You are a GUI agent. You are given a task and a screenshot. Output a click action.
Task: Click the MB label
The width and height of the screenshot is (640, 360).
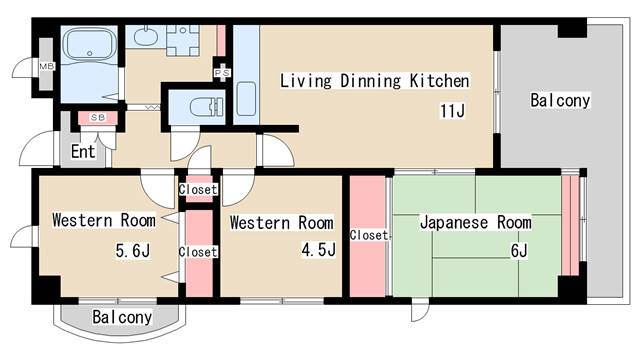click(46, 67)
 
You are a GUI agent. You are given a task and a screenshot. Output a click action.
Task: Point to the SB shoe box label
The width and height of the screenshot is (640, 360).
click(97, 118)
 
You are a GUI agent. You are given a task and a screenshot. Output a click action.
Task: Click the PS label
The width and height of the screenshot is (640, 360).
click(220, 73)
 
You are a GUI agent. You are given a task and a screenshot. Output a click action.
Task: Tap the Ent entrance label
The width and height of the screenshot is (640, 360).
click(83, 153)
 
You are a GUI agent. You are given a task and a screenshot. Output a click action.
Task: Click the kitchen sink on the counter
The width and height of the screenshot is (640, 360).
click(246, 98)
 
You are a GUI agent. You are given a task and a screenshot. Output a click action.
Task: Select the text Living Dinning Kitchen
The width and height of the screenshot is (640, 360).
click(374, 80)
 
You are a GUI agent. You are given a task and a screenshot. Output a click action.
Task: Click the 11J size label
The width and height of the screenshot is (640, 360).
click(452, 110)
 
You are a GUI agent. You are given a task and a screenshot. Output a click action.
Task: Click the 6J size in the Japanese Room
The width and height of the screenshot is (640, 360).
click(518, 250)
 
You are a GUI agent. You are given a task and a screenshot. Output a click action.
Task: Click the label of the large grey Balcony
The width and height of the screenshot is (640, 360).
click(560, 101)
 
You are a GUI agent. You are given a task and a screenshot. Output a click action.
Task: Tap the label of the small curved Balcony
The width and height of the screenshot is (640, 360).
click(122, 318)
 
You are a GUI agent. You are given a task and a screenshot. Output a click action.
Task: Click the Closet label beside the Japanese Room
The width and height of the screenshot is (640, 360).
click(369, 235)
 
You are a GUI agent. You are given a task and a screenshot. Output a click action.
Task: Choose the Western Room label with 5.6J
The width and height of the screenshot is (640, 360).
click(104, 220)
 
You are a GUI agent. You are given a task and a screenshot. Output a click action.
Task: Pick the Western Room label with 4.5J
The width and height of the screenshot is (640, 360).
click(281, 222)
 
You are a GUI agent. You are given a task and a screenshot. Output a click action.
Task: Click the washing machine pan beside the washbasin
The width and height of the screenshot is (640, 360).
click(184, 39)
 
